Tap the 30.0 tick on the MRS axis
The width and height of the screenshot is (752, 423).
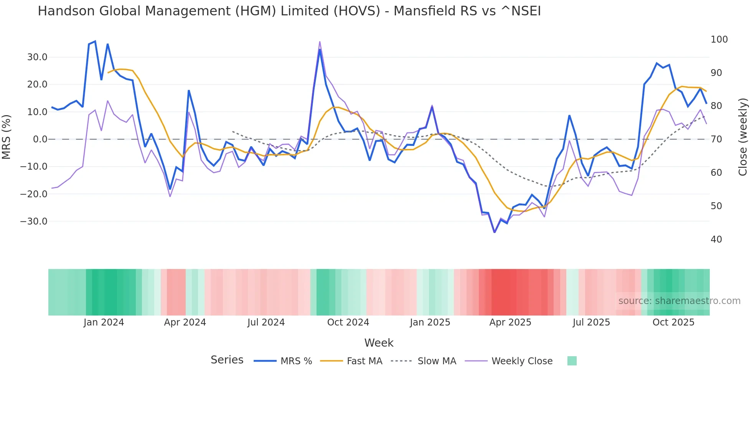point(37,57)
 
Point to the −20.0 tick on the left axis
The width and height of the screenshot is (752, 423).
point(34,194)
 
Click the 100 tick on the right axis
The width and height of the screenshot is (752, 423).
point(719,40)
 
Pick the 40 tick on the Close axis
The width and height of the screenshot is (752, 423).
point(716,240)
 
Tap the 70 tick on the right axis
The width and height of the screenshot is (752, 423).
point(716,139)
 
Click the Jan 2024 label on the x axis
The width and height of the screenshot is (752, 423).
point(104,322)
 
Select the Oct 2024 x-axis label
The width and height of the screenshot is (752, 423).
point(348,322)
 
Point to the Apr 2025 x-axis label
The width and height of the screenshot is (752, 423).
point(510,322)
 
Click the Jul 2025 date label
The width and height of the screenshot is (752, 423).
point(591,322)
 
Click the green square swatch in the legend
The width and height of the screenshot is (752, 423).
point(572,361)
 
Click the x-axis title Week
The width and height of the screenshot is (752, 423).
point(379,343)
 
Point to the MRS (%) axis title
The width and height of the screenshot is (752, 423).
point(7,137)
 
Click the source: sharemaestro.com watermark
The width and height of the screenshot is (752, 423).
point(679,301)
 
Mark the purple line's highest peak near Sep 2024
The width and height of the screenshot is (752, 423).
point(320,42)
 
